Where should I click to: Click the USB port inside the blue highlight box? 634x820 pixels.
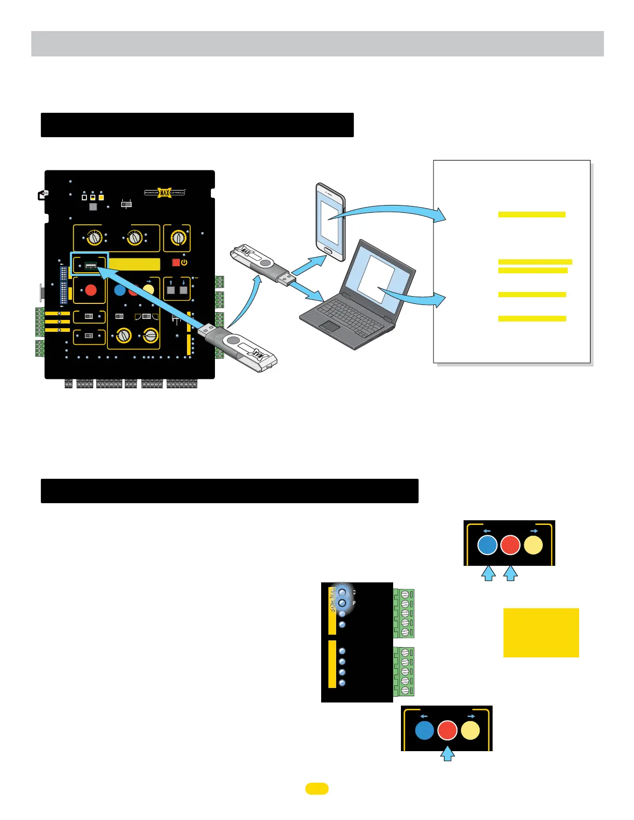pos(91,266)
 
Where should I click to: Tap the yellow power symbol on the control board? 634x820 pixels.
pos(184,262)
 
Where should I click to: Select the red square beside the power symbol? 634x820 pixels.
pos(176,262)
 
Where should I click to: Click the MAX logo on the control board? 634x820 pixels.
pos(165,193)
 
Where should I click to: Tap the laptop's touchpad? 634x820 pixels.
pos(329,326)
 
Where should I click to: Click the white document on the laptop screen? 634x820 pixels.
pos(377,279)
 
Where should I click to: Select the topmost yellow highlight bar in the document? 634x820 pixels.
pos(531,214)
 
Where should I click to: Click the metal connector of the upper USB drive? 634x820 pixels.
pos(287,280)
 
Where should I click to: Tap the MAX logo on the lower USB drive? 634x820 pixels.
pos(258,357)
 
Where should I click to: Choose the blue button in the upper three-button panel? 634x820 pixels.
pos(487,545)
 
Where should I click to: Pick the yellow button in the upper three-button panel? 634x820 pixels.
pos(534,545)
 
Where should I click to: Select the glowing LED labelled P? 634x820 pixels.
pos(342,603)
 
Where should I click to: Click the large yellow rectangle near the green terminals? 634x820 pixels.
pos(541,633)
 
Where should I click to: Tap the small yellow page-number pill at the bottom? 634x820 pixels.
pos(317,788)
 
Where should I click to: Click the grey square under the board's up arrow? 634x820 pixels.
pos(171,290)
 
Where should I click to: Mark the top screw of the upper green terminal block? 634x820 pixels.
pos(405,594)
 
